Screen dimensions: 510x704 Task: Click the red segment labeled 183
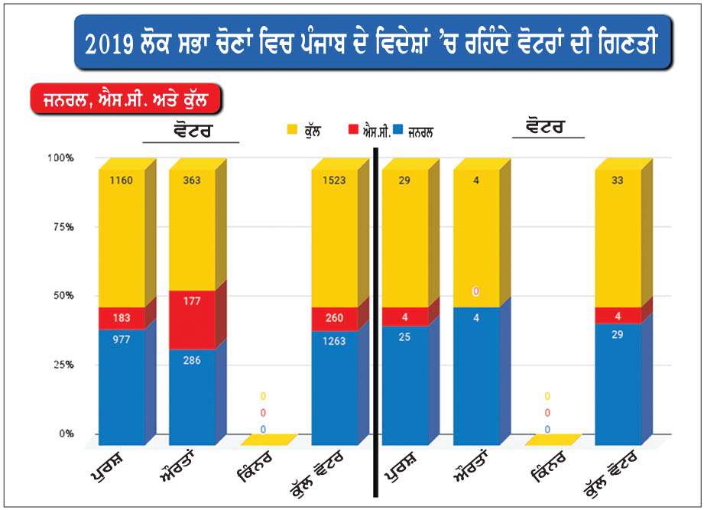click(121, 318)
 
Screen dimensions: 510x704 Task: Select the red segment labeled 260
click(334, 319)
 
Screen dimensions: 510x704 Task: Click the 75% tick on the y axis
click(62, 227)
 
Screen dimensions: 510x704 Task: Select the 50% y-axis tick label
click(62, 296)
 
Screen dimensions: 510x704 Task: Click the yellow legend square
click(292, 131)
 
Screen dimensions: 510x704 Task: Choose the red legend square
click(353, 131)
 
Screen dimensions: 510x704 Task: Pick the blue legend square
click(401, 131)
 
